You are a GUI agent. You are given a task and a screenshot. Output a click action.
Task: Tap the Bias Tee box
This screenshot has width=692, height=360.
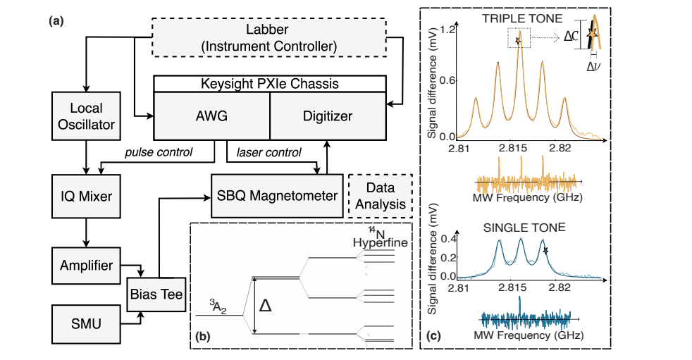pos(153,296)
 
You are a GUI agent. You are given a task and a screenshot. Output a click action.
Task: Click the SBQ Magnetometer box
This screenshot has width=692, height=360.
pos(276,196)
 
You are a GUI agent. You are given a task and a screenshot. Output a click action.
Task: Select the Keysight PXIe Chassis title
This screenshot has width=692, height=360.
pos(269,84)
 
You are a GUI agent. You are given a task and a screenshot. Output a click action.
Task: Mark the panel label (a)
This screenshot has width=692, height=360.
pos(56,20)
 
